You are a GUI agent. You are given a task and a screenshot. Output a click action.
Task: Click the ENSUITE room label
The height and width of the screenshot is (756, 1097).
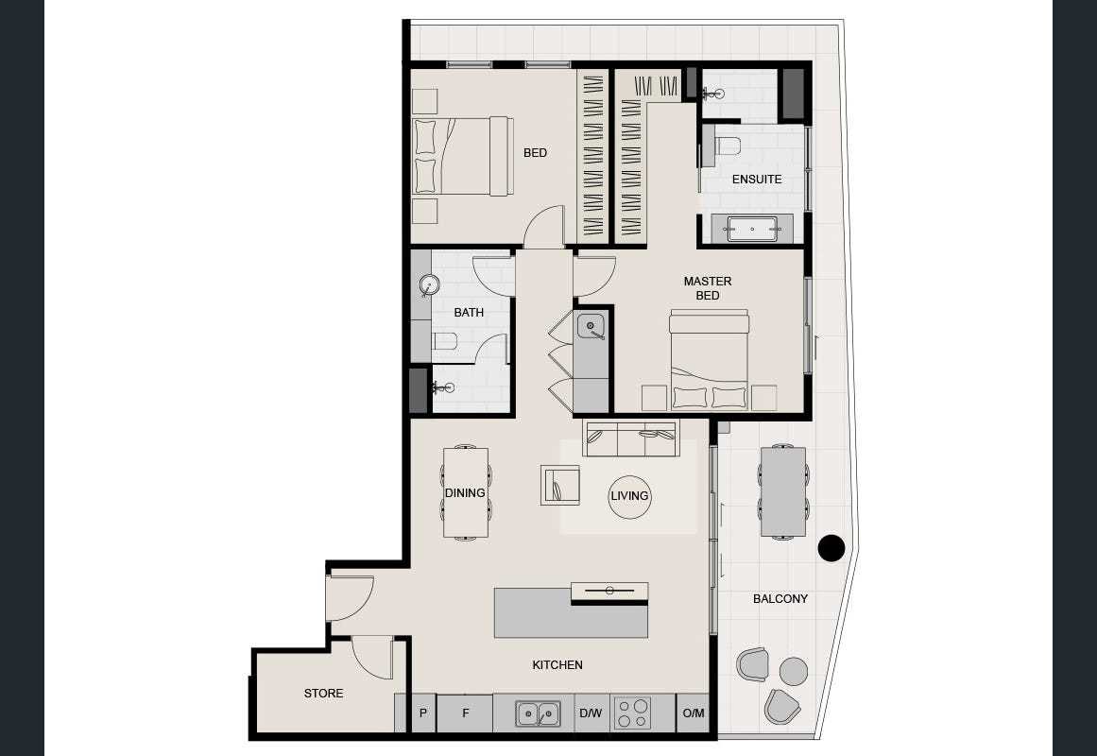[x=757, y=179]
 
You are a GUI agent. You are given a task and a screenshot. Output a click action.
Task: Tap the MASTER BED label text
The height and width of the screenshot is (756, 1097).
[x=708, y=288]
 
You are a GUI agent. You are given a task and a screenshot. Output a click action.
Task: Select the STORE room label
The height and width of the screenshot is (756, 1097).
[x=323, y=694]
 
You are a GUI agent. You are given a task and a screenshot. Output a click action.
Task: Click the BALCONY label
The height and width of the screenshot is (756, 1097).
[x=780, y=598]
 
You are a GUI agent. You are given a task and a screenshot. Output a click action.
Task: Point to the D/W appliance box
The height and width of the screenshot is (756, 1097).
[x=590, y=713]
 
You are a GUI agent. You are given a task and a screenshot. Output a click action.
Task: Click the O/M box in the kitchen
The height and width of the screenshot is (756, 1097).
[x=694, y=713]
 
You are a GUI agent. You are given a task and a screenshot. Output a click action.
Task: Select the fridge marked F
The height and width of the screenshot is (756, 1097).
[x=465, y=713]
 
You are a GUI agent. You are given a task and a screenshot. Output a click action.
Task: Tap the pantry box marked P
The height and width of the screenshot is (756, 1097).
[x=422, y=713]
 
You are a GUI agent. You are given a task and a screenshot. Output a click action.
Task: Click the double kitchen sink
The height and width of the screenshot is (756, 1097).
[x=538, y=713]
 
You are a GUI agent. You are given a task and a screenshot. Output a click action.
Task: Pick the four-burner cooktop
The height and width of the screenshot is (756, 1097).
[x=632, y=713]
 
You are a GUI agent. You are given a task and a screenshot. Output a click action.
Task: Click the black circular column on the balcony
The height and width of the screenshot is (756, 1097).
[x=831, y=548]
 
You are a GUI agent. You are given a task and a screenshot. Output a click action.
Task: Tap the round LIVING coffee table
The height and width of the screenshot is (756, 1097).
[x=629, y=495]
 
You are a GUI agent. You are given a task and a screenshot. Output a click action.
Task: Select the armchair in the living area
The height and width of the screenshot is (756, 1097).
[x=560, y=485]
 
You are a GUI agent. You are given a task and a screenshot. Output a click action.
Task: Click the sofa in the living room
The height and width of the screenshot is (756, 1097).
[x=632, y=438]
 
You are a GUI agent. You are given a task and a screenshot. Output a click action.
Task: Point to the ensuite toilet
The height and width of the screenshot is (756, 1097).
[x=726, y=146]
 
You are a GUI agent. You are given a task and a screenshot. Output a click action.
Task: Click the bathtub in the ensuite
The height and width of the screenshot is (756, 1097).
[x=751, y=228]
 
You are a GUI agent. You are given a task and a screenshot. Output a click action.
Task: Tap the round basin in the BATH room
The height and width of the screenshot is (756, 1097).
[x=430, y=284]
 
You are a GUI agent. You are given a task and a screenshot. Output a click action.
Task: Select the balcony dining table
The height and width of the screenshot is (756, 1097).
[x=783, y=491]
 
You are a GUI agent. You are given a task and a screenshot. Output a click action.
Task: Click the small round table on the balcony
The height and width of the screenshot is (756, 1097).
[x=794, y=671]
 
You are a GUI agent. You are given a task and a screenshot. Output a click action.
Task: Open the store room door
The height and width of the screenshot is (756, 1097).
[x=373, y=657]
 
